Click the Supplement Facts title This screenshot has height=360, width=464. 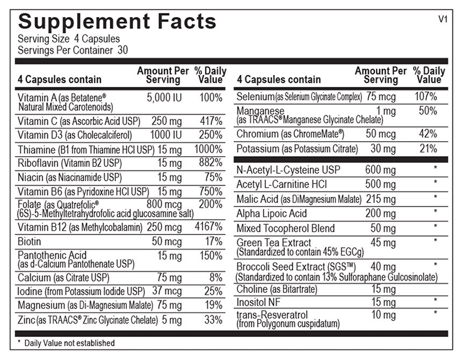(117, 21)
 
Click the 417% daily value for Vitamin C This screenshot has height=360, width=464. (212, 121)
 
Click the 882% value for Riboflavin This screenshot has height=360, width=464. (211, 163)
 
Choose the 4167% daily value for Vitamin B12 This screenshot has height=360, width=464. (209, 227)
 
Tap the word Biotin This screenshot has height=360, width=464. (30, 241)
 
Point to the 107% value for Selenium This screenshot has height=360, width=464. (426, 97)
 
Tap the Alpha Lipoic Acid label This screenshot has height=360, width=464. (272, 214)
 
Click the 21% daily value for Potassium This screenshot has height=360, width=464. (427, 148)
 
